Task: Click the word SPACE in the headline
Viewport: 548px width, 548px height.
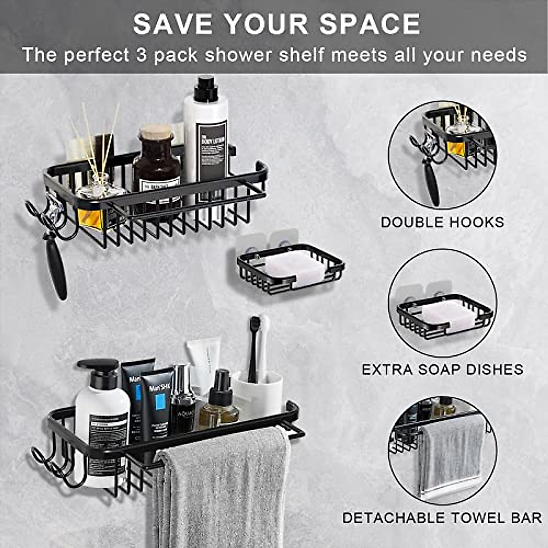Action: [x=369, y=24]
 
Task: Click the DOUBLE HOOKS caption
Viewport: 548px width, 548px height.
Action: [x=443, y=222]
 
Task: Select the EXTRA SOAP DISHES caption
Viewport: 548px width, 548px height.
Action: [x=443, y=369]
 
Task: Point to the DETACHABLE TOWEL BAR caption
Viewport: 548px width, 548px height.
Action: [x=442, y=518]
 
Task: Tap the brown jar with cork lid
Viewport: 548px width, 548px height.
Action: [x=156, y=162]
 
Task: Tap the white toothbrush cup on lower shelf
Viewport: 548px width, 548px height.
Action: [x=258, y=393]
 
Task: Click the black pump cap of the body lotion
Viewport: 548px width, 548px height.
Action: [x=206, y=89]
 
